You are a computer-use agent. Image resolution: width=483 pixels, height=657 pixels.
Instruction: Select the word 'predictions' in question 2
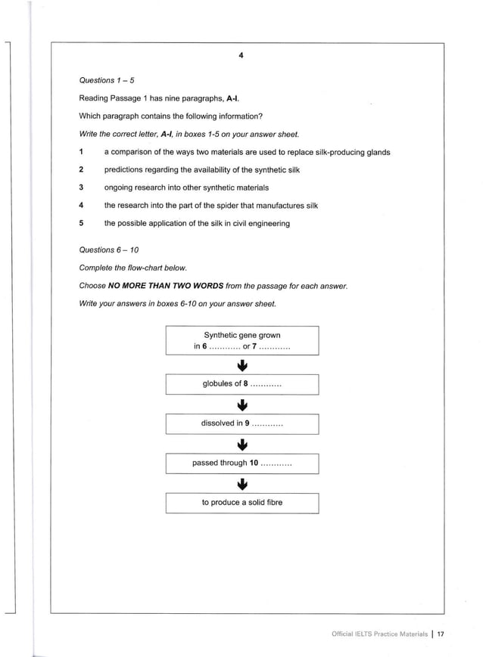click(125, 170)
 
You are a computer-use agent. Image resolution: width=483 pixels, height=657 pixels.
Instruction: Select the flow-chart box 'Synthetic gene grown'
click(242, 341)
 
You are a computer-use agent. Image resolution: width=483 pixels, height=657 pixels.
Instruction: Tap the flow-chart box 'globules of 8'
click(242, 384)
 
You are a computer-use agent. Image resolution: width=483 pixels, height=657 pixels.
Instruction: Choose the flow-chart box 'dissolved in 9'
click(242, 424)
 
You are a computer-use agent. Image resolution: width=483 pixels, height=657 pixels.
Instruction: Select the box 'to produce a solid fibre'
click(242, 503)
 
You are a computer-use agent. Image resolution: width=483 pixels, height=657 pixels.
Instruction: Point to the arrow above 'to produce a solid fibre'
click(242, 483)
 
